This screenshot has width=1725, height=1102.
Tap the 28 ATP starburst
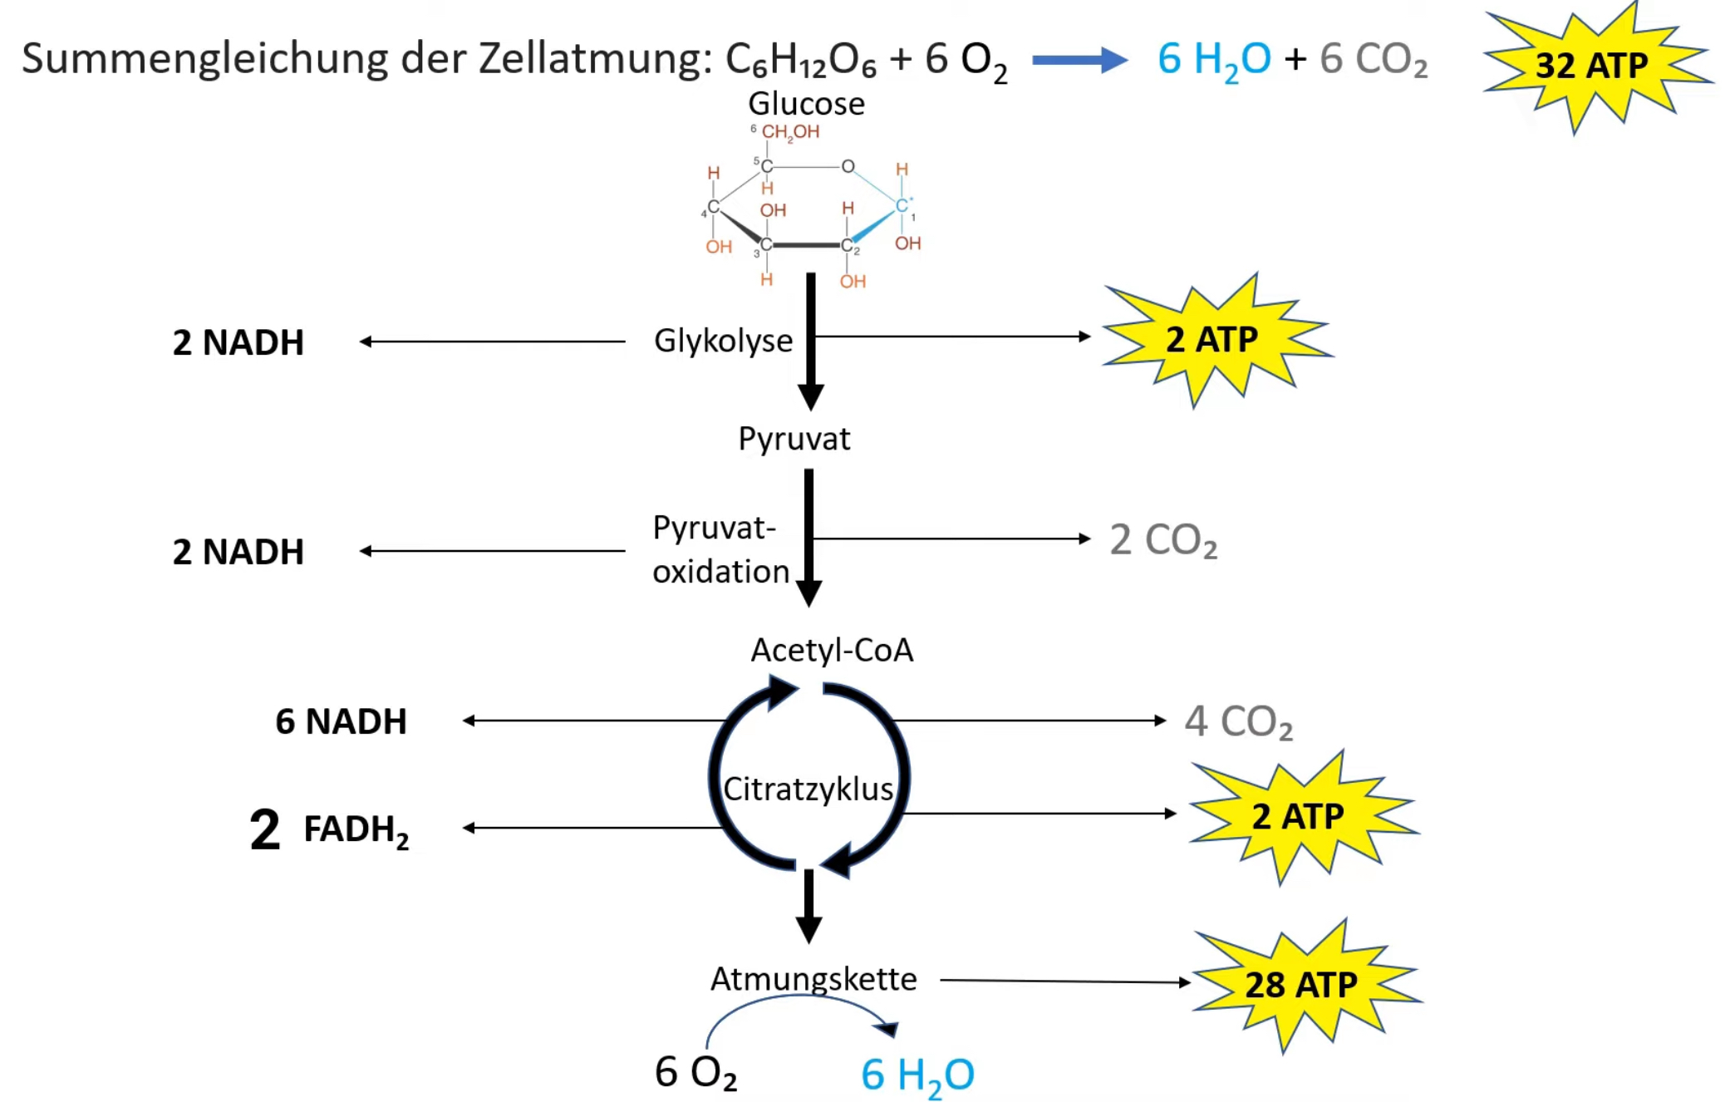(x=1300, y=985)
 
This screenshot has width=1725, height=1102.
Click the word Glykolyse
(x=723, y=341)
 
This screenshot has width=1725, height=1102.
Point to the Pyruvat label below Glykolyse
(x=794, y=439)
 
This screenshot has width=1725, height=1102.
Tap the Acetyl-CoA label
(x=832, y=650)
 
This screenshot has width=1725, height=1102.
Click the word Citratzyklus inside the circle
(x=808, y=789)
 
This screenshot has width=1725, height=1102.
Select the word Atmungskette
(x=813, y=979)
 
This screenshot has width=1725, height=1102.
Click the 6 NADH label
(x=341, y=721)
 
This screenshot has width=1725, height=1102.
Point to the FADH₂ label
(x=356, y=829)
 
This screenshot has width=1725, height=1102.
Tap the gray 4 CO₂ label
(x=1238, y=721)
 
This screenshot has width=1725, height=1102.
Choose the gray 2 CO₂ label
(x=1163, y=540)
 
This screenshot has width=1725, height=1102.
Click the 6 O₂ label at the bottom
(x=695, y=1072)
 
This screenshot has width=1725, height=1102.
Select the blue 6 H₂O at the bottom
(x=917, y=1075)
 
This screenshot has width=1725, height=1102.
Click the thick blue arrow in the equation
(x=1079, y=60)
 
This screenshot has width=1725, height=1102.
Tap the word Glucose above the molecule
(x=806, y=104)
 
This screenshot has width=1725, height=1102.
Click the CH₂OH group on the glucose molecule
(x=790, y=132)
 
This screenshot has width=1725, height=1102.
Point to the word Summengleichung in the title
(x=204, y=60)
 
